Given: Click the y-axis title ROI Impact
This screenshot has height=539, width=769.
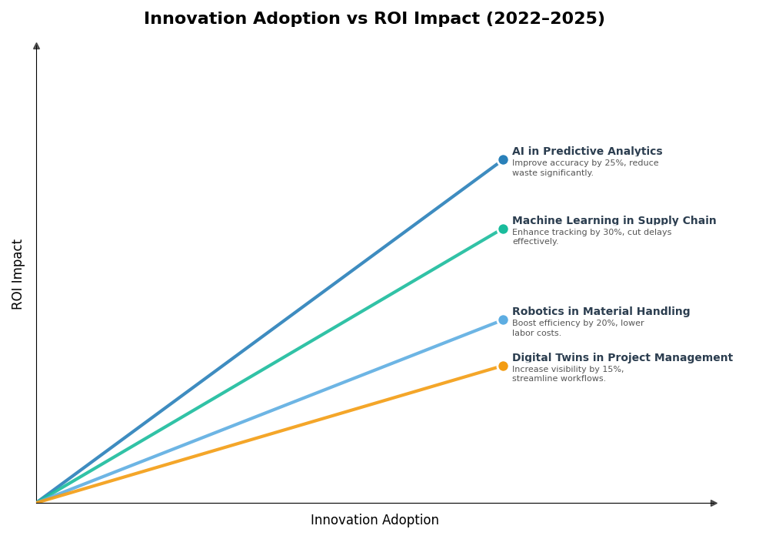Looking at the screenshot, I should click(18, 274).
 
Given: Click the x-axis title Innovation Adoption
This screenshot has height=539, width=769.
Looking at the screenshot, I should click(375, 521).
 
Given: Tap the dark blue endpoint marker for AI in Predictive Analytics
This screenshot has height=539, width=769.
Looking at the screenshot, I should click(503, 160).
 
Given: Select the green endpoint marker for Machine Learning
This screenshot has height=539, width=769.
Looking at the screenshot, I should click(503, 229).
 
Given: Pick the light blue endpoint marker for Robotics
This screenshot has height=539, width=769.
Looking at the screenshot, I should click(503, 320).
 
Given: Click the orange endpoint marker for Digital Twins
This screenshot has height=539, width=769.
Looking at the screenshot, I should click(503, 366).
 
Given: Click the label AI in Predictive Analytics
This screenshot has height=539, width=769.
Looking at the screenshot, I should click(587, 152).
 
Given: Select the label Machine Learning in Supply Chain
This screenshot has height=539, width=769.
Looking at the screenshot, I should click(614, 221).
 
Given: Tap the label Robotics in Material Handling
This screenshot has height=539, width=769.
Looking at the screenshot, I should click(601, 312).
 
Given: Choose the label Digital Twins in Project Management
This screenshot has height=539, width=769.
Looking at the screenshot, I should click(622, 358).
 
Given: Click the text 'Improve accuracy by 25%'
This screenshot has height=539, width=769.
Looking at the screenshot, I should click(569, 163).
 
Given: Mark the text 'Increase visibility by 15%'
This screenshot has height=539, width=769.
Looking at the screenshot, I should click(568, 370).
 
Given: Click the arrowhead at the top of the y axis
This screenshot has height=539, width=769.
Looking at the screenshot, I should click(36, 46).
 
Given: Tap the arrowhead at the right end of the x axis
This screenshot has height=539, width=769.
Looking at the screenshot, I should click(714, 503).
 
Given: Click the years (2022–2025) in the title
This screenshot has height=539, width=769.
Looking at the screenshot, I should click(544, 18).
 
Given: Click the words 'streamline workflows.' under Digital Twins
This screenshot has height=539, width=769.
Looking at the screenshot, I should click(558, 379).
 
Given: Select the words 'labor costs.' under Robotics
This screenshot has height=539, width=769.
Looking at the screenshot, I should click(537, 333).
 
